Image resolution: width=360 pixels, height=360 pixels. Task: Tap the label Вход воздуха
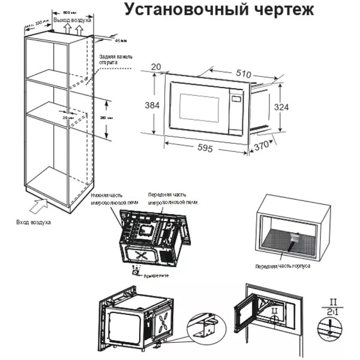click(x=34, y=222)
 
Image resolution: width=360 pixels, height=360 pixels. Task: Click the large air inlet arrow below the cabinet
click(x=37, y=207)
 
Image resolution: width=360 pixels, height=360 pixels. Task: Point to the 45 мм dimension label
click(x=121, y=41)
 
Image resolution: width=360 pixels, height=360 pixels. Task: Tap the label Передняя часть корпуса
click(x=283, y=265)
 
